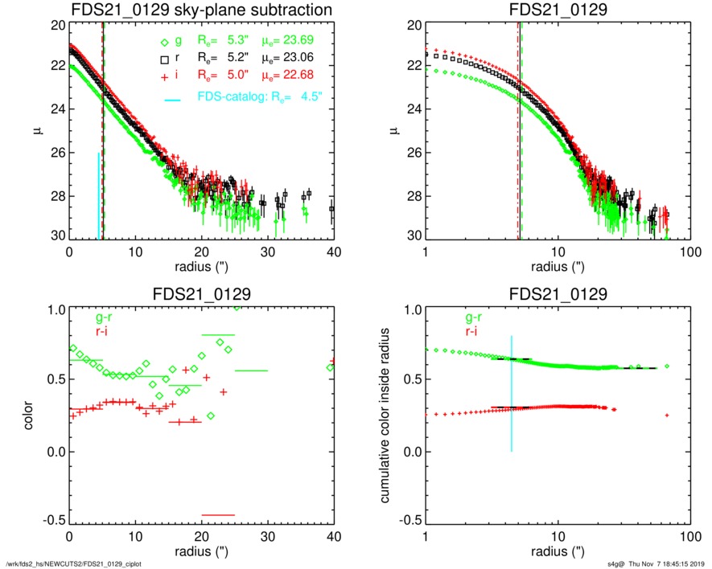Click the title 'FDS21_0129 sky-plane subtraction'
(x=201, y=10)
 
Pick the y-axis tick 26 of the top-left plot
(x=57, y=153)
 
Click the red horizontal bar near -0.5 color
(x=218, y=514)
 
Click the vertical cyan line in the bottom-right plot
(x=511, y=394)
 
